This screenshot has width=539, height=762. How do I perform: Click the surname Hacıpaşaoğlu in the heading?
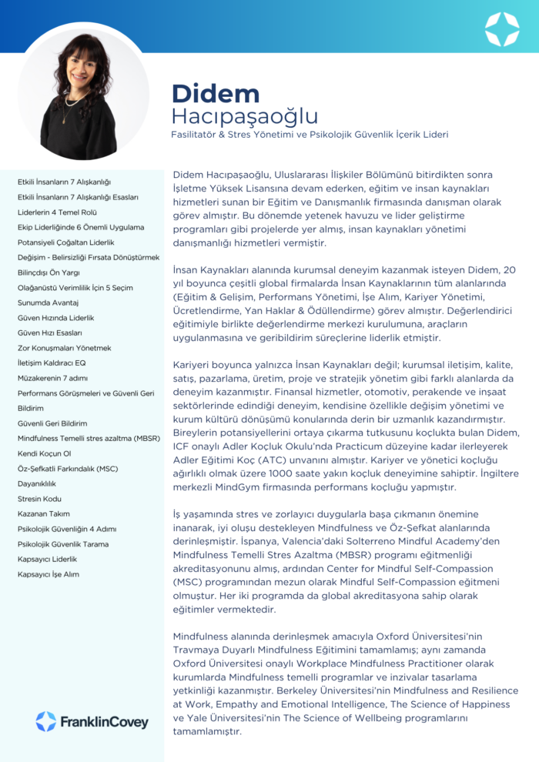tap(245, 117)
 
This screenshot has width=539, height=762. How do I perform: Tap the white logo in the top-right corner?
tap(502, 28)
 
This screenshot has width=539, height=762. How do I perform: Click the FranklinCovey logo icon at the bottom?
tap(45, 721)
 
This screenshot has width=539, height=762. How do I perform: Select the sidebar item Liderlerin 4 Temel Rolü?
tap(58, 212)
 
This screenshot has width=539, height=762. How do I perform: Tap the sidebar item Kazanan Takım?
tap(44, 514)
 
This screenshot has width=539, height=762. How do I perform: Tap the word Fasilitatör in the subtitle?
tap(199, 135)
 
